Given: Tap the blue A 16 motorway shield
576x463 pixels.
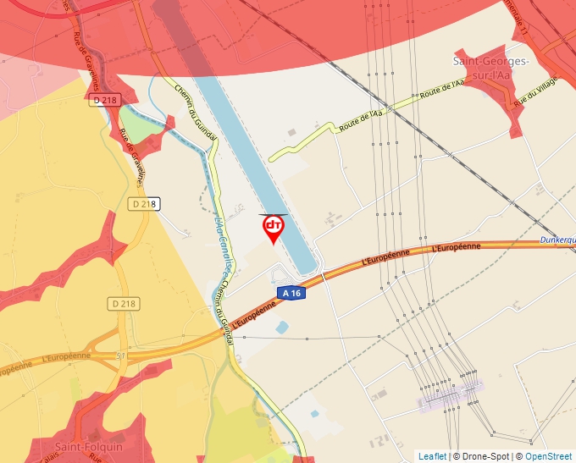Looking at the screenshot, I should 291,293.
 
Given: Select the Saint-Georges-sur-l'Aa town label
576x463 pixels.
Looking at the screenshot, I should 491,68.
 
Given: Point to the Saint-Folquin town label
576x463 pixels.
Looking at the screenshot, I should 88,446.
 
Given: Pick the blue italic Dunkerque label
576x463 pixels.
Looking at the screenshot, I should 557,241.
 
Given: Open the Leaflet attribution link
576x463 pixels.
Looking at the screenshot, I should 432,456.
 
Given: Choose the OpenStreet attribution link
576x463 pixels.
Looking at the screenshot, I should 550,456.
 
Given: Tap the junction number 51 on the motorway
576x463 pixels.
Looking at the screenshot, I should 120,356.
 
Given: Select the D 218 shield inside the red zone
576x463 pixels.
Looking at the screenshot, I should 105,100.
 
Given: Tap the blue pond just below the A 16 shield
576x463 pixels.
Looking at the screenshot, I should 281,327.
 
